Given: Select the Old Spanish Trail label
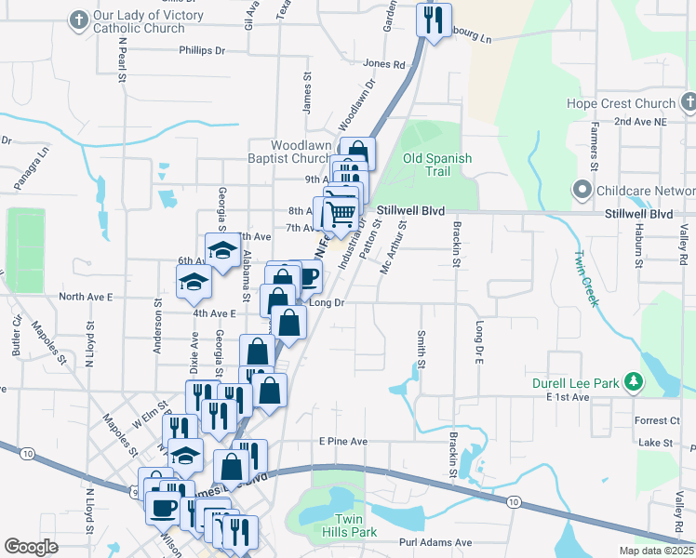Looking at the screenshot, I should [x=437, y=165].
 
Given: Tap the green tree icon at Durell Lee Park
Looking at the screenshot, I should [x=634, y=381].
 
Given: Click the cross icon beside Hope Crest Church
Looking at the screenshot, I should [x=689, y=101].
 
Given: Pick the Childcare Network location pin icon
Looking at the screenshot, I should [x=582, y=192].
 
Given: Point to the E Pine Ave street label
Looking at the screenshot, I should [x=343, y=441].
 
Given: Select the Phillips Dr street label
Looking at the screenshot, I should [x=203, y=51].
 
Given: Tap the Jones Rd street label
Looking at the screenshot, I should [x=385, y=64].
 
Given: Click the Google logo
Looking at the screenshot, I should [x=31, y=546].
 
